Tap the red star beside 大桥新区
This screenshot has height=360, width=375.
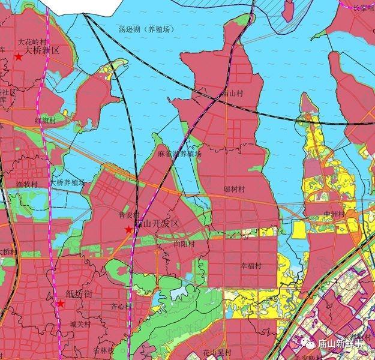[19, 56]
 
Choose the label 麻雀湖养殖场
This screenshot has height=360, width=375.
[180, 154]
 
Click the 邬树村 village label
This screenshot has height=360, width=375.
[234, 189]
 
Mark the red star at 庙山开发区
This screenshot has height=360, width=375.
[128, 230]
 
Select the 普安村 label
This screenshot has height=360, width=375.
[129, 214]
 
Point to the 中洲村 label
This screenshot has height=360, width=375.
[334, 214]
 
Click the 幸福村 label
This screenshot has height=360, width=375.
[251, 265]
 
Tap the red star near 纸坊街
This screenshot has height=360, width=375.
[60, 304]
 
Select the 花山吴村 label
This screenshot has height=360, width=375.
[217, 352]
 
